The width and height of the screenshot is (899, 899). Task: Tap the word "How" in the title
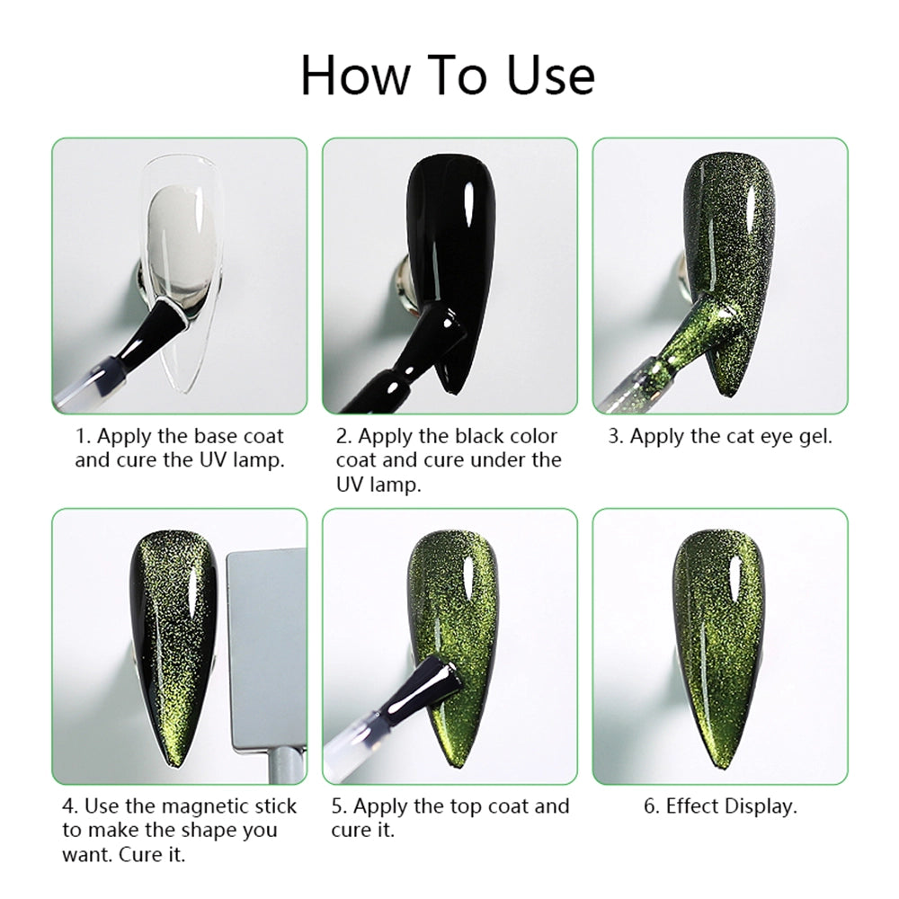[x=356, y=76]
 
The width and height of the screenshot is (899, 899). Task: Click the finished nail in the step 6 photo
[x=720, y=648]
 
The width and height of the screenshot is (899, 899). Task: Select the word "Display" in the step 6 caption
[x=761, y=807]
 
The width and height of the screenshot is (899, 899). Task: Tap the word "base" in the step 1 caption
[x=213, y=437]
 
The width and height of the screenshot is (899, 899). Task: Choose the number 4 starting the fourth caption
[x=69, y=806]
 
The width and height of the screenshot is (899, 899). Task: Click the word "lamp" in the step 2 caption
[x=395, y=485]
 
